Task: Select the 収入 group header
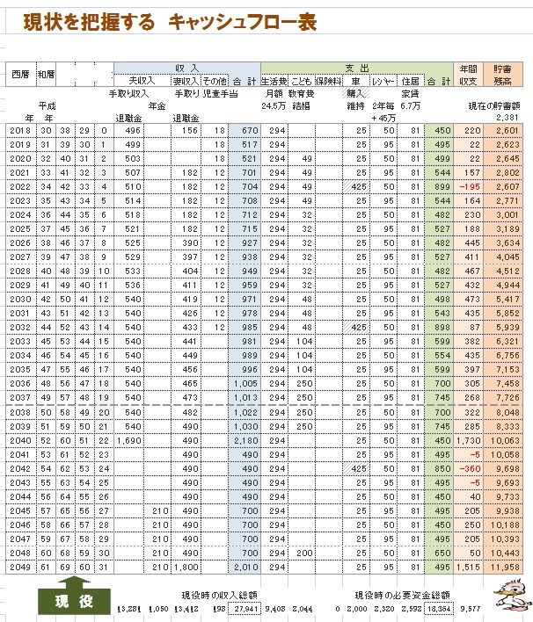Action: coord(186,68)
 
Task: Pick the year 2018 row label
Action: coord(18,131)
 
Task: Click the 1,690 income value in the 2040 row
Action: coord(129,439)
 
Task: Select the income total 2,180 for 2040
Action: coord(245,439)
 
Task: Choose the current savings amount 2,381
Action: coord(507,117)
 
